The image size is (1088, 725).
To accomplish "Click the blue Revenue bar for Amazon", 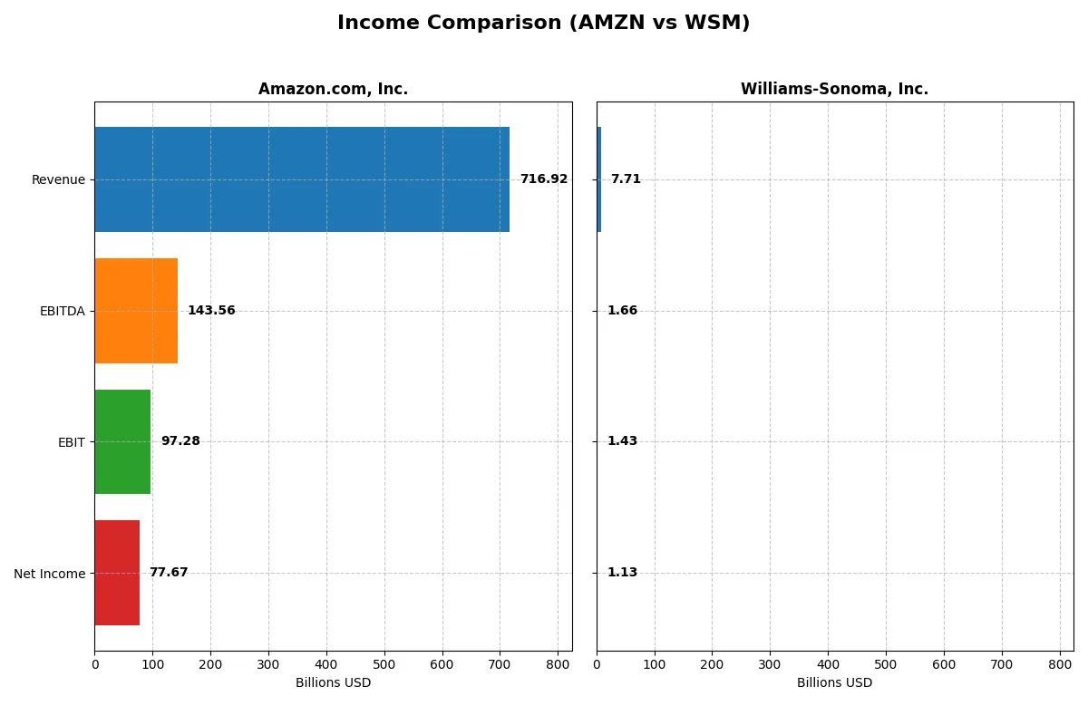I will [302, 179].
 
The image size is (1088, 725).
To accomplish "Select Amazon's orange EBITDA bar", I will [136, 311].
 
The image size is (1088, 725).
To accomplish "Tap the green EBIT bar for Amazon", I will [122, 441].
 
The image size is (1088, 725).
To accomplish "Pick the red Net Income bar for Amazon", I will [117, 573].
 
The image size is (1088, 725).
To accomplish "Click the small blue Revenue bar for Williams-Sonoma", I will [598, 179].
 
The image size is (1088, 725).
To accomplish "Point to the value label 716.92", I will [543, 179].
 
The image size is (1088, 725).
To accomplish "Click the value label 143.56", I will [211, 311].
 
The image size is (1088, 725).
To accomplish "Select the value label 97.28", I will [180, 441].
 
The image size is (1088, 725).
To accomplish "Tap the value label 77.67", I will [169, 573].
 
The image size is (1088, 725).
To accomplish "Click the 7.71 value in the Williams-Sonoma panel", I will [626, 179].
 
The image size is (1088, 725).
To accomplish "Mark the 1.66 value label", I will [622, 311].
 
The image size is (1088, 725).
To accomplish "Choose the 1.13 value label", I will [622, 573].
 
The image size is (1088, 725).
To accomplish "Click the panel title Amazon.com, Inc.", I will [333, 90].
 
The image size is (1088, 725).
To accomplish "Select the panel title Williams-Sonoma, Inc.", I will [834, 90].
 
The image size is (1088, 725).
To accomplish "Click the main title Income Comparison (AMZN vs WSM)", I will [543, 24].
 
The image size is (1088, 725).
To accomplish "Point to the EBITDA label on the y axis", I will [62, 311].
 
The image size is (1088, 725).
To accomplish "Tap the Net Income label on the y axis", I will [49, 573].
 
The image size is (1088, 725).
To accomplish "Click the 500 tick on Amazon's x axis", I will [384, 664].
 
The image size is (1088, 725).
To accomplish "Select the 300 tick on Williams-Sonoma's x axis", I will [770, 664].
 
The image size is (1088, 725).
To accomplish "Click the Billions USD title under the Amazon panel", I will [333, 682].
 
